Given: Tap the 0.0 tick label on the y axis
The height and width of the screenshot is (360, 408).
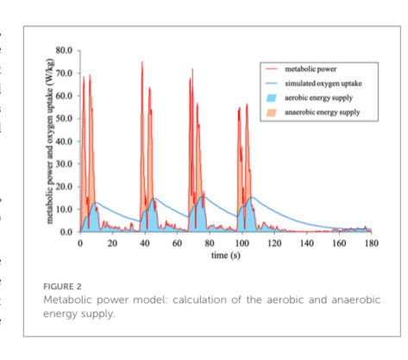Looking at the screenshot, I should (67, 232).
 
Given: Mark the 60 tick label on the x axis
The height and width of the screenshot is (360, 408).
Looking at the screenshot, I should (178, 243).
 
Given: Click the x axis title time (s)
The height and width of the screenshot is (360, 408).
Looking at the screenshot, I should (225, 256).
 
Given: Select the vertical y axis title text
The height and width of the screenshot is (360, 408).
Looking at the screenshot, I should (51, 142).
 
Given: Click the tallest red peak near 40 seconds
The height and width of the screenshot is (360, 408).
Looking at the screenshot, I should (141, 63).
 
